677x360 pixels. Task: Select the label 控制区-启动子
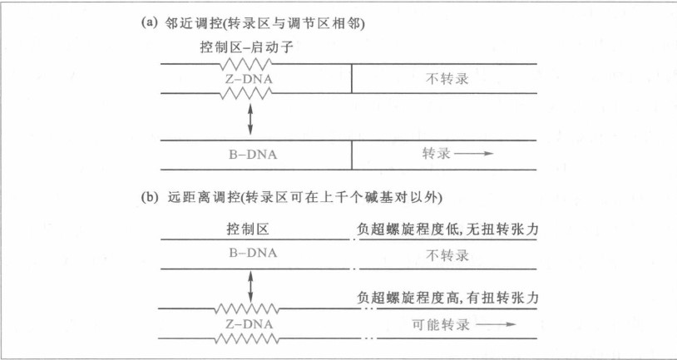[249, 49]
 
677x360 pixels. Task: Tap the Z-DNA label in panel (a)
[250, 79]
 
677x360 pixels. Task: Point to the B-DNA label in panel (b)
[250, 254]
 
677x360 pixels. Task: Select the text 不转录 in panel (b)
[445, 254]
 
